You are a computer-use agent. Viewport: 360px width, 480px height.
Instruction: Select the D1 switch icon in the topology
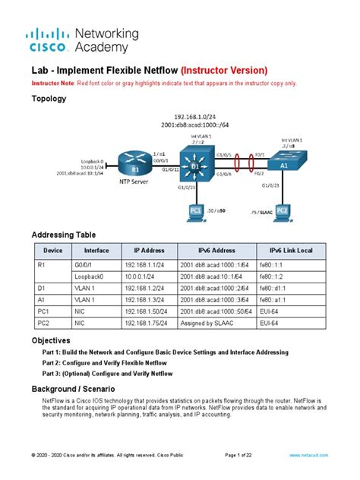pos(195,166)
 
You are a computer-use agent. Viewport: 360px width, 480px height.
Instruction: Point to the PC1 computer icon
pos(197,210)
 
